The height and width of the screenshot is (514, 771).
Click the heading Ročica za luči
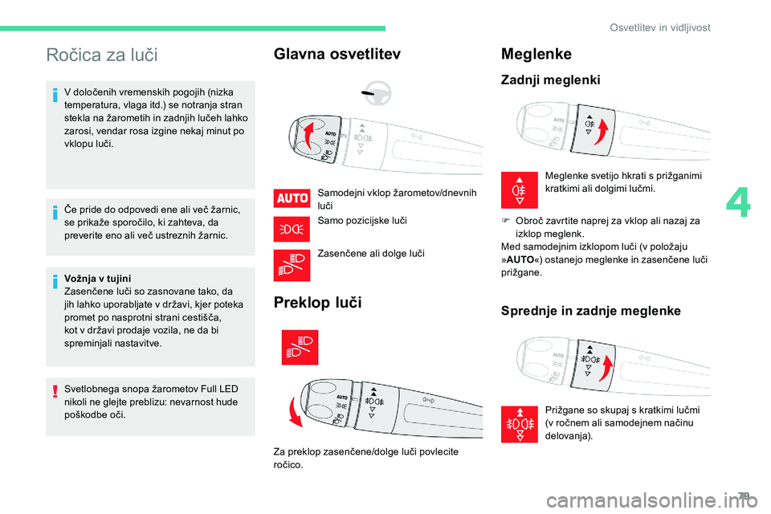point(102,55)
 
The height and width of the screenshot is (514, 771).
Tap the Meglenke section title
point(536,54)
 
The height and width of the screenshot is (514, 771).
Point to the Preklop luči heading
point(317,303)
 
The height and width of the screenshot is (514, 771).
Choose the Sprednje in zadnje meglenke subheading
point(590,311)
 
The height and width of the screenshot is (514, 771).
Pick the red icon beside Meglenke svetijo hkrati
point(519,190)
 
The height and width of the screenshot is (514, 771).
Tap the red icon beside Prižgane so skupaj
point(519,424)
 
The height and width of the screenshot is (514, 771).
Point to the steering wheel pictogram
point(374,94)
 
